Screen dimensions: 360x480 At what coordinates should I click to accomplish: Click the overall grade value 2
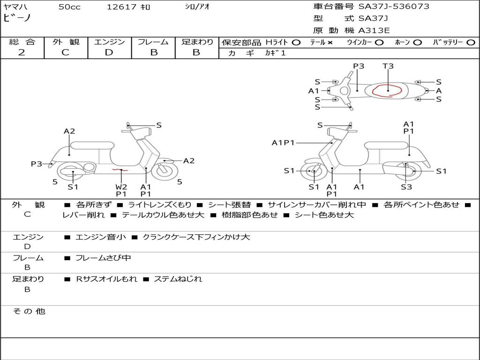tap(22, 52)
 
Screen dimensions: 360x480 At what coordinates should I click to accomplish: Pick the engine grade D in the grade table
tap(109, 52)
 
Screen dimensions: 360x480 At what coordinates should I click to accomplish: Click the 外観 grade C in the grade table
tap(65, 52)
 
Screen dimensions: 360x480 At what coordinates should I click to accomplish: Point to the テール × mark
tap(330, 42)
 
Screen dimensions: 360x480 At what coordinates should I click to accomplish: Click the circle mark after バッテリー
tap(471, 42)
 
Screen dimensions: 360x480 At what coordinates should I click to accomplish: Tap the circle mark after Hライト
tap(296, 42)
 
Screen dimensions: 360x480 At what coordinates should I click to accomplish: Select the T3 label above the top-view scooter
tap(388, 66)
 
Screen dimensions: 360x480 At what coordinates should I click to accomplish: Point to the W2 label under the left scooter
tap(121, 187)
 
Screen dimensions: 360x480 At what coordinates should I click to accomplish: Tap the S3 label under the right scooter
tap(406, 187)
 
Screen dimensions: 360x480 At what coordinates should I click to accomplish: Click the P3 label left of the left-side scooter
tap(36, 164)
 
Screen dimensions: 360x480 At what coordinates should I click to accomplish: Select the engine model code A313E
tap(374, 30)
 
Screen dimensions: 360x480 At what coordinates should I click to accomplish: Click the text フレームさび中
tap(103, 258)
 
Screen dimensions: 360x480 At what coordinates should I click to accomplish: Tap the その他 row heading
tap(29, 311)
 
